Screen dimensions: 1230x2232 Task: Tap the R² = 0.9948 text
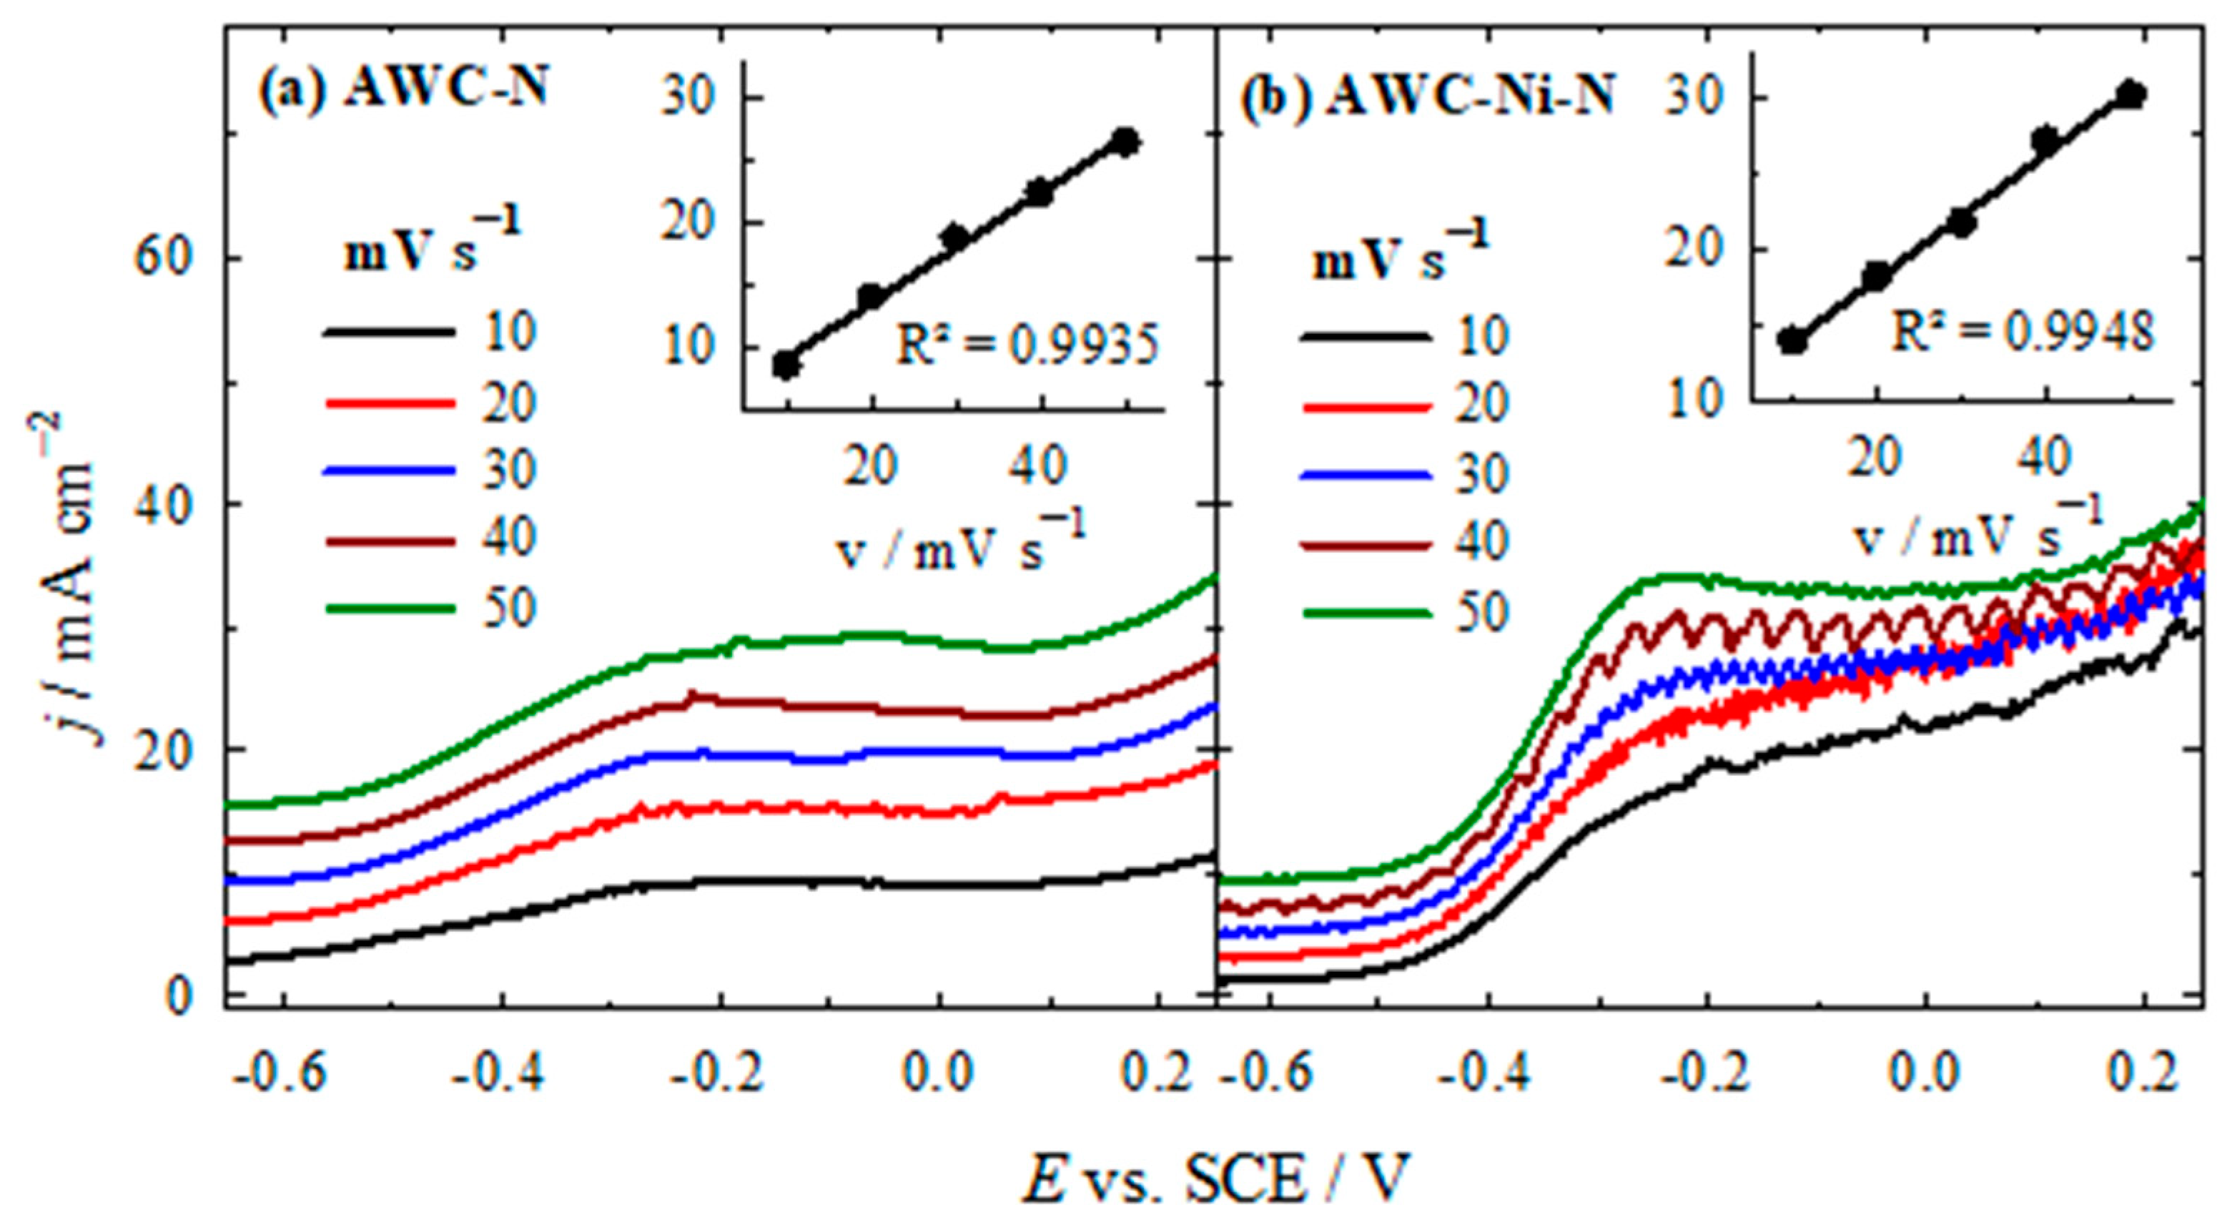2021,334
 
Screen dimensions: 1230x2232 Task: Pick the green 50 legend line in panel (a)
389,609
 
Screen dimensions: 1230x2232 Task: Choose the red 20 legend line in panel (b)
1364,405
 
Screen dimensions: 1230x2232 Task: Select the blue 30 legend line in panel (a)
389,471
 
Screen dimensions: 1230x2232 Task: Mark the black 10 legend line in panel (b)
1364,336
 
